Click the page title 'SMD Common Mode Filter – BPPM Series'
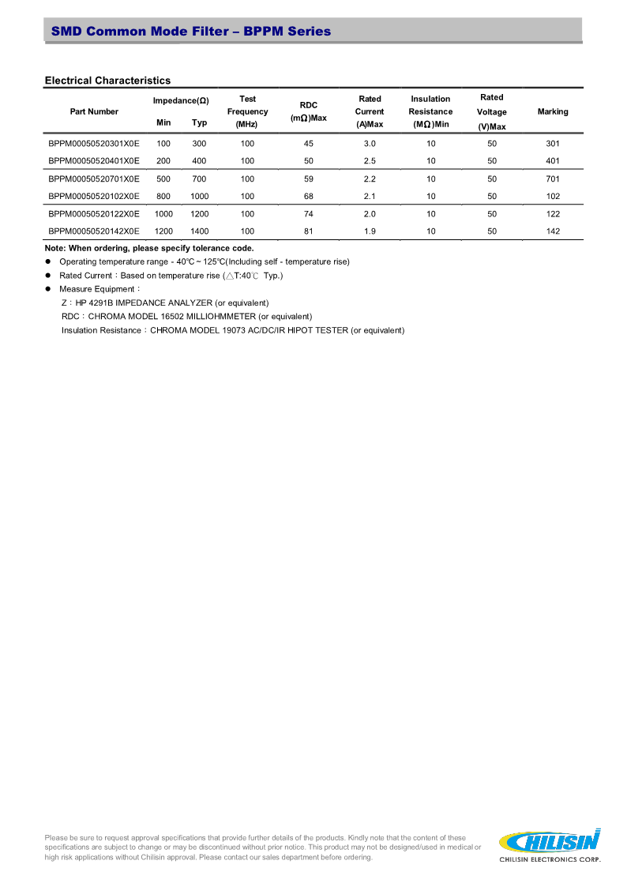pos(191,32)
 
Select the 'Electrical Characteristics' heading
pos(107,81)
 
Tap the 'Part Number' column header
pos(94,111)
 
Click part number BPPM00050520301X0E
pos(94,144)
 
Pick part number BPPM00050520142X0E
pos(94,231)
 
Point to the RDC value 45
pos(309,144)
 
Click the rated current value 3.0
pos(370,144)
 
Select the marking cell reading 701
pos(553,179)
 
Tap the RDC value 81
pos(309,231)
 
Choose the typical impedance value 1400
pos(200,231)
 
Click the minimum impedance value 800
pos(163,197)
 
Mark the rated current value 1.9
pos(370,231)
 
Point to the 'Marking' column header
pos(553,111)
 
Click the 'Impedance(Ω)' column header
pos(181,100)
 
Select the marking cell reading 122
pos(553,214)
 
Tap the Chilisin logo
pos(550,843)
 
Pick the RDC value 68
pos(309,197)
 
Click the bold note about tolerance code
pos(149,248)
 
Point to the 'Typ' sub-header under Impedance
pos(200,122)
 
